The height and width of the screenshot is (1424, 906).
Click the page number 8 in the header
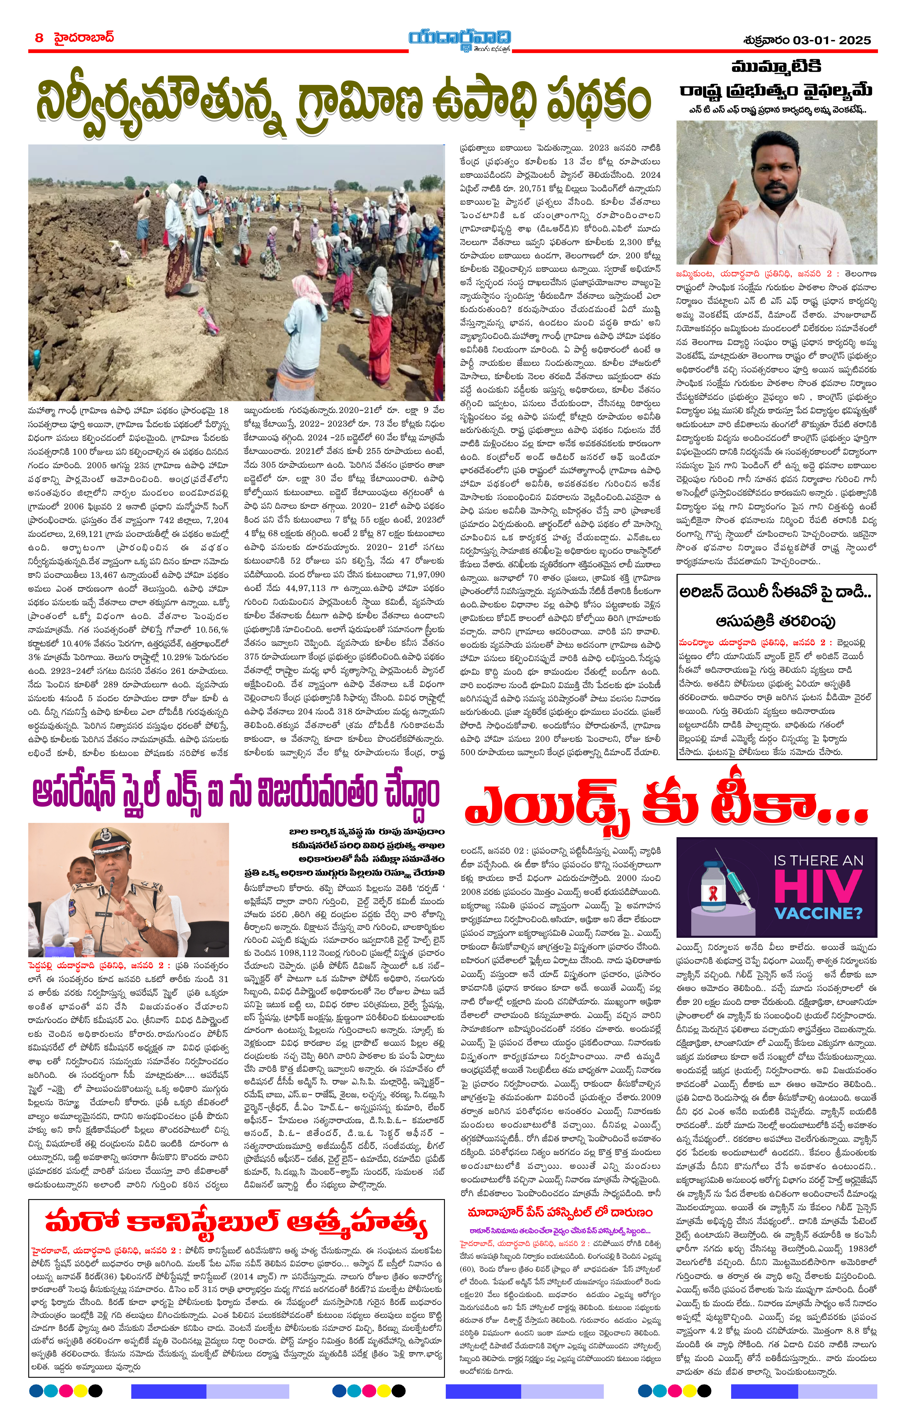point(39,38)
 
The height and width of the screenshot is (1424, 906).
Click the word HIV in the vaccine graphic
point(818,887)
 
